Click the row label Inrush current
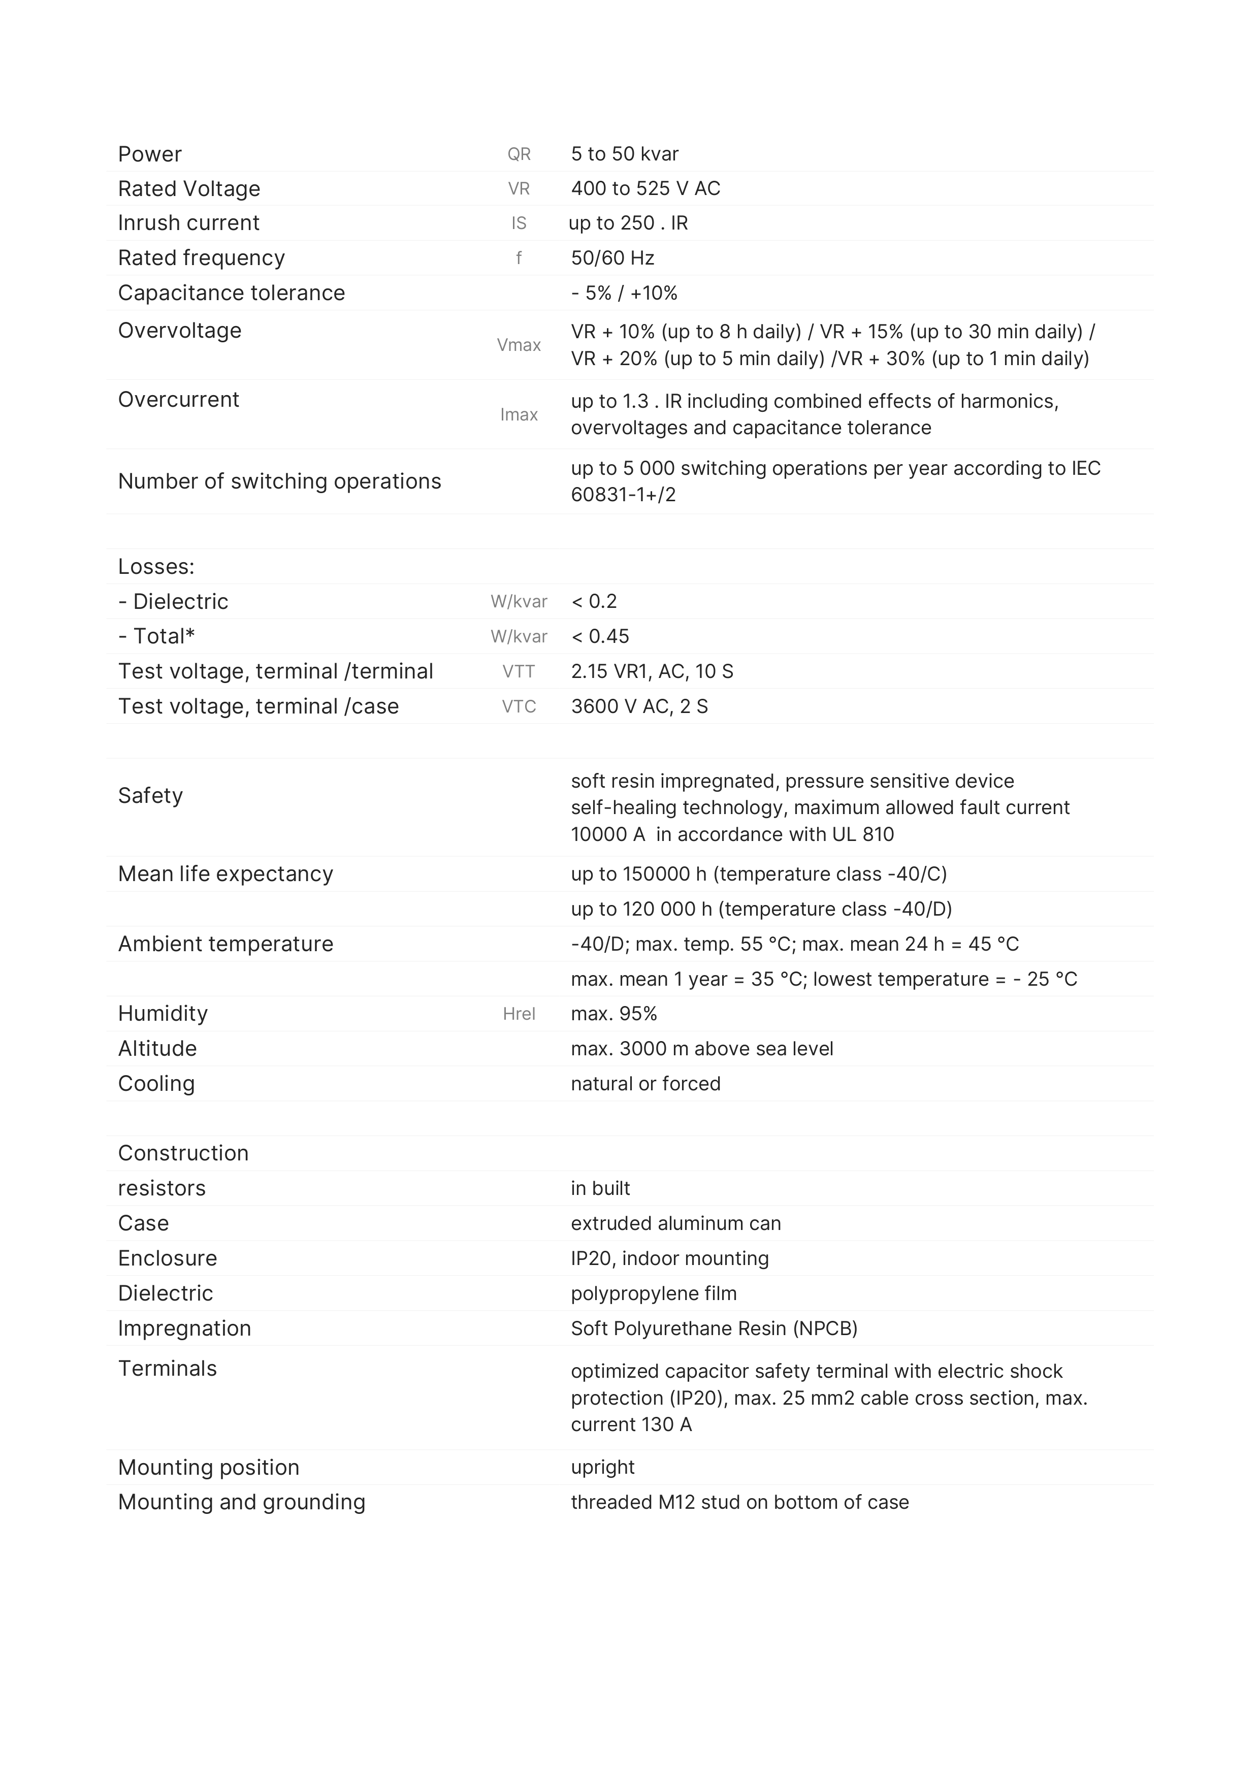point(188,223)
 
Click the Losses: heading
point(156,567)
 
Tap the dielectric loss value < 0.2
point(594,601)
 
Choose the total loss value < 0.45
point(600,636)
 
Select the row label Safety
point(151,796)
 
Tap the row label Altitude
point(157,1049)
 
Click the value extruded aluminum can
point(675,1223)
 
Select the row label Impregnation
point(185,1328)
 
